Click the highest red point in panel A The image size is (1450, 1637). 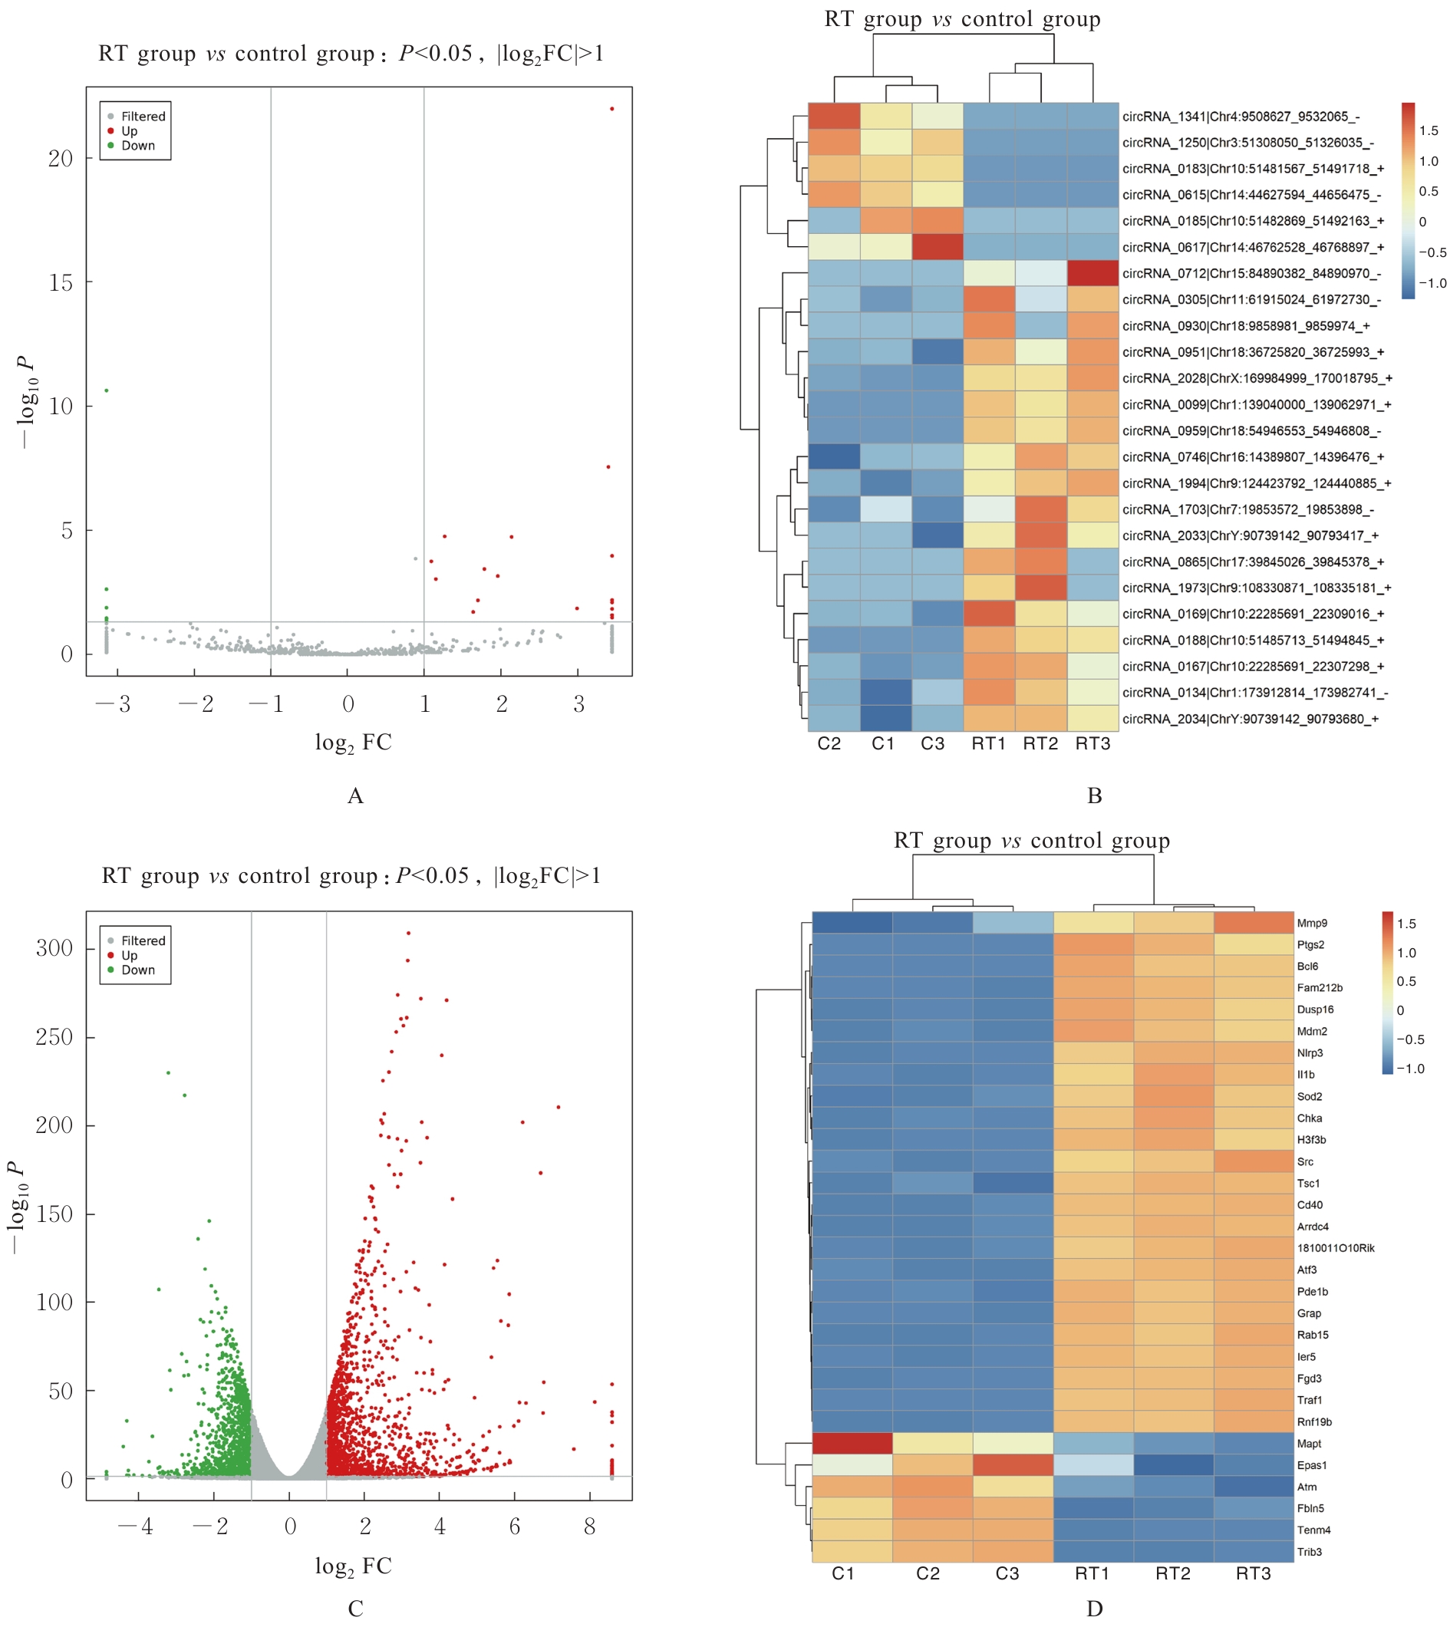click(x=612, y=109)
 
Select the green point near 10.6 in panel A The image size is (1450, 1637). click(x=107, y=390)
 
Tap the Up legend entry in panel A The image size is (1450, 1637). click(x=129, y=131)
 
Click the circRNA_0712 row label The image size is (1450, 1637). click(x=1251, y=274)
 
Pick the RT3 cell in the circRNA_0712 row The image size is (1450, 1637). click(x=1092, y=273)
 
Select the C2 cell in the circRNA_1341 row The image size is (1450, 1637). click(x=834, y=116)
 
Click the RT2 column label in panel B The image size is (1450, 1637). click(x=1040, y=744)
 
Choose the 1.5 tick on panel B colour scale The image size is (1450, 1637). click(x=1429, y=130)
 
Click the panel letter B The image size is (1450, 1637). click(x=1094, y=796)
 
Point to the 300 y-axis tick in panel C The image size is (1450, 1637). click(x=54, y=949)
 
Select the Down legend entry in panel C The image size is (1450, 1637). click(x=138, y=970)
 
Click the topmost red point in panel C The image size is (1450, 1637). click(x=409, y=933)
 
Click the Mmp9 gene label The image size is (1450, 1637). click(x=1312, y=924)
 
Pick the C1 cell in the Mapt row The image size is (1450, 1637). click(x=852, y=1443)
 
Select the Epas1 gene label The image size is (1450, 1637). click(x=1312, y=1466)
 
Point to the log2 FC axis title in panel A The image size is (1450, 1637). click(x=353, y=743)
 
